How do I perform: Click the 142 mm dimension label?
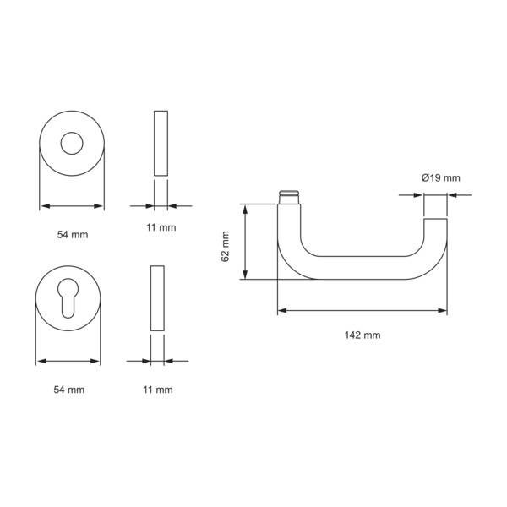tap(363, 335)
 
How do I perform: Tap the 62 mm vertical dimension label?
tap(225, 247)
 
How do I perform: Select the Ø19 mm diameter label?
tap(441, 177)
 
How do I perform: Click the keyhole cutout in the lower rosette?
tap(68, 297)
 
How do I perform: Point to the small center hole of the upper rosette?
tap(72, 144)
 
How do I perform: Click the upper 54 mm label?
tap(73, 234)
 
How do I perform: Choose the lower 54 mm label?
tap(69, 390)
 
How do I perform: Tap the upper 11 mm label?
tap(161, 227)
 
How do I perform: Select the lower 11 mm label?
tap(158, 390)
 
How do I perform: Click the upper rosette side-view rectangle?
tap(161, 144)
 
